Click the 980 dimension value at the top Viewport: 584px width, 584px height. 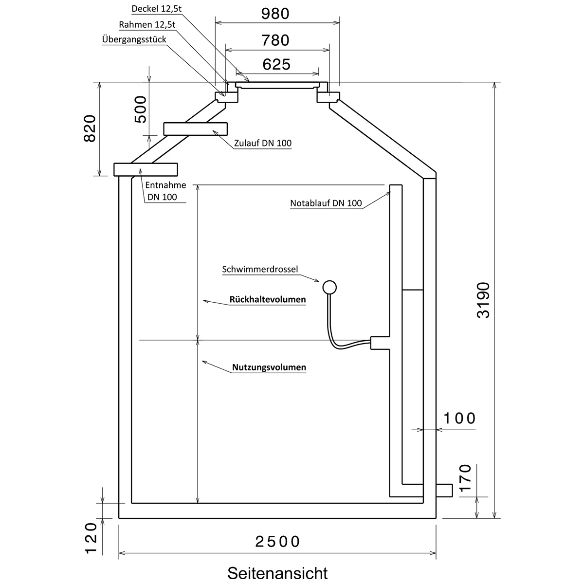275,14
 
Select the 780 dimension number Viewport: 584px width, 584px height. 275,40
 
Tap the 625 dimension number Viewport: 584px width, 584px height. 276,64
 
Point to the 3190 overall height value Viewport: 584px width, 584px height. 483,300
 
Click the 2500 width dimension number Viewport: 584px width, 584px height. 277,542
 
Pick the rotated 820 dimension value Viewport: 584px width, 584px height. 90,128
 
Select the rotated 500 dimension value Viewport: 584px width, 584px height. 140,109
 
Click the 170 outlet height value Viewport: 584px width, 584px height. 466,478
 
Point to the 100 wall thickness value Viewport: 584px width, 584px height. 459,419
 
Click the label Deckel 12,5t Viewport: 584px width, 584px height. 156,9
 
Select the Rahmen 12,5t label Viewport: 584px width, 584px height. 147,24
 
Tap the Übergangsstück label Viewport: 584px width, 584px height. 134,39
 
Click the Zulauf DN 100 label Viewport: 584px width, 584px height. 263,143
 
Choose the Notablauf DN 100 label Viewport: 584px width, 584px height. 326,203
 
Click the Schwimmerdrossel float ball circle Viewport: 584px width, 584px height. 329,287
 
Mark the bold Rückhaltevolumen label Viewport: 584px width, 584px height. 268,299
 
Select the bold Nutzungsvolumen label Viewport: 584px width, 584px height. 269,367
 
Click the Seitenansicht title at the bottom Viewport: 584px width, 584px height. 277,573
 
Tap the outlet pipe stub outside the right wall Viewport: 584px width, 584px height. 444,491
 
